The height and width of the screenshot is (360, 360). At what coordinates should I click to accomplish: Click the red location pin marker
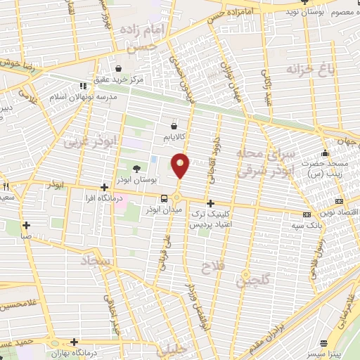(181, 165)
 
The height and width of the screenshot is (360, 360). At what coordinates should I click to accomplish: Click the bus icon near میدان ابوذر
(164, 198)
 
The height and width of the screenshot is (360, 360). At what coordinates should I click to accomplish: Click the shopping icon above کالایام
(174, 125)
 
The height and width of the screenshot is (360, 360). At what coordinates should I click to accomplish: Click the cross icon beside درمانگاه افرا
(104, 187)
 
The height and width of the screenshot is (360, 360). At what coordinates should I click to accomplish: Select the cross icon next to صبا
(26, 226)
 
